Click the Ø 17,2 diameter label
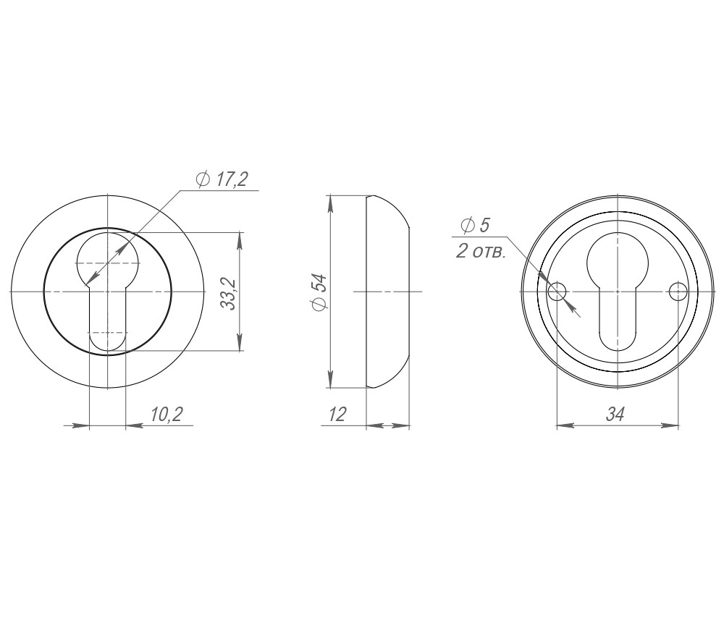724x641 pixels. point(221,179)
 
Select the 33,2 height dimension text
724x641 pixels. point(229,292)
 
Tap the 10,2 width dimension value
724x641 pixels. point(166,414)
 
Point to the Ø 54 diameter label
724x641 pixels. point(319,292)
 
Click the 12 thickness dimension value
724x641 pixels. point(337,414)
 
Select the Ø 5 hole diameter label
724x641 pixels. point(475,225)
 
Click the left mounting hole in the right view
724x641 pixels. point(557,292)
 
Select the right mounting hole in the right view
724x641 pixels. point(678,292)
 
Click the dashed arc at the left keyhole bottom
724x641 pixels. point(107,334)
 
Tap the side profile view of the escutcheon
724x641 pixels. point(387,292)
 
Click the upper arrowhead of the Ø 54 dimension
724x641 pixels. point(331,203)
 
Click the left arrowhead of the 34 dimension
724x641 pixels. point(564,426)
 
